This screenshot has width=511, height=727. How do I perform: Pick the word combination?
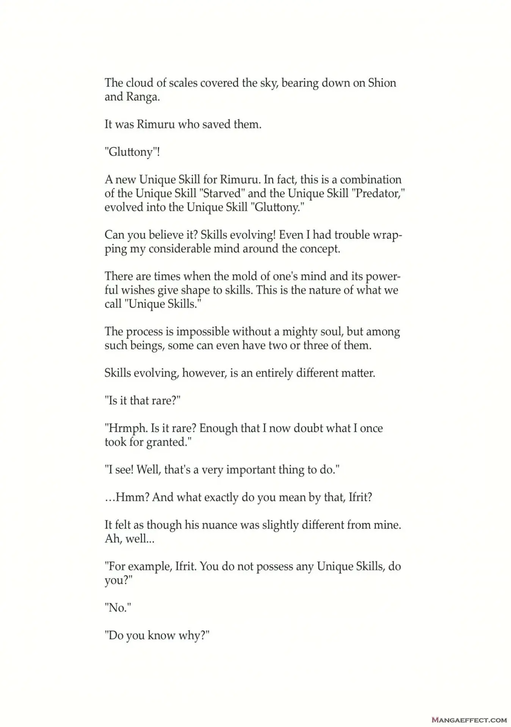(x=371, y=179)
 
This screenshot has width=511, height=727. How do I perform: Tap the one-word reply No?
(x=118, y=608)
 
